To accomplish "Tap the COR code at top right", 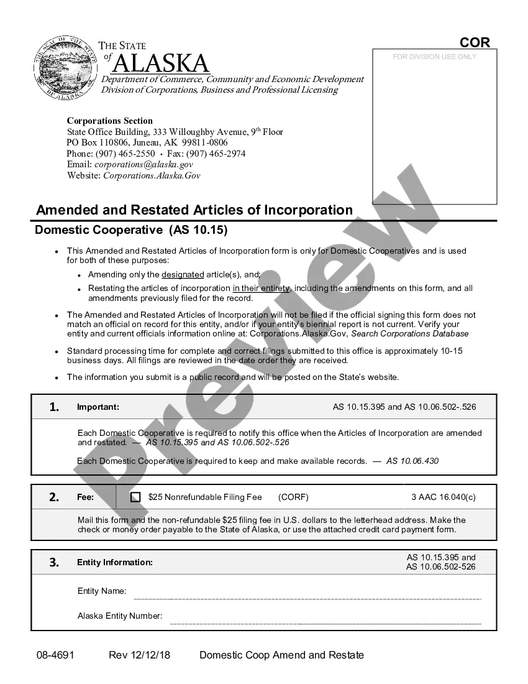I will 475,42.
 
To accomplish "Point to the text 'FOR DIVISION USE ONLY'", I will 435,57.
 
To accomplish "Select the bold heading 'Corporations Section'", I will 109,121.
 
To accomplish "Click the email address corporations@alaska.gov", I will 143,165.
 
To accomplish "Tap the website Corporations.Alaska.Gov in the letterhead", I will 152,175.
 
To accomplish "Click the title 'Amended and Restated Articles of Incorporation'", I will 194,210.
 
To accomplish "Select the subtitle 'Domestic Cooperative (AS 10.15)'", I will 131,230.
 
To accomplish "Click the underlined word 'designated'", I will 183,274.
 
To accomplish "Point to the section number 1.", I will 54,407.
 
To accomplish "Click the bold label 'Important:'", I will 98,407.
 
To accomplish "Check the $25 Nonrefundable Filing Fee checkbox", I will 135,497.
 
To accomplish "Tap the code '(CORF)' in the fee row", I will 293,497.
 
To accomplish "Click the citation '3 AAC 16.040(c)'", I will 444,497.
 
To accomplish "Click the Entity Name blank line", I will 307,598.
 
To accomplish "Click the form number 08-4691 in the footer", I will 55,655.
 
